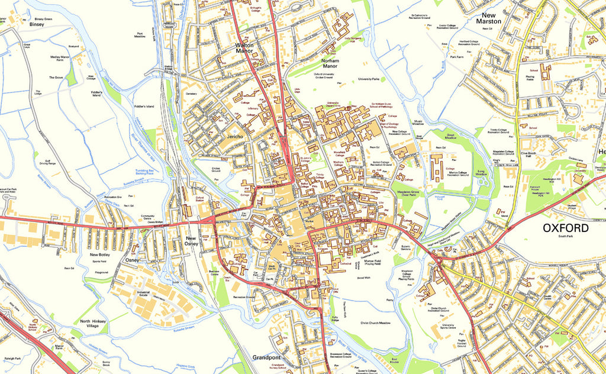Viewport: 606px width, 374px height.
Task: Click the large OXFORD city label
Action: coord(566,228)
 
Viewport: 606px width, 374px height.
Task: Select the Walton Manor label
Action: coord(249,49)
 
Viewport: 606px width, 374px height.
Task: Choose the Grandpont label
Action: coord(266,358)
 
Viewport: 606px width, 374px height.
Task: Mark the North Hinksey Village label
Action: coord(94,324)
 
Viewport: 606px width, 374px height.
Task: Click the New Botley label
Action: coord(101,254)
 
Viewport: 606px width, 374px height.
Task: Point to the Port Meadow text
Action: coord(140,35)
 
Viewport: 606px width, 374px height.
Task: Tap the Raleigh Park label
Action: coord(12,358)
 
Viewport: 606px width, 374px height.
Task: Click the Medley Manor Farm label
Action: coord(60,59)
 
